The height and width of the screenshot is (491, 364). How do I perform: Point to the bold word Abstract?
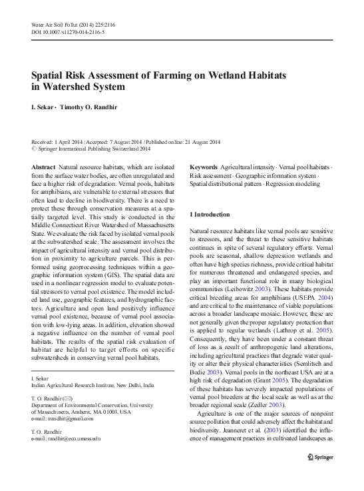43,167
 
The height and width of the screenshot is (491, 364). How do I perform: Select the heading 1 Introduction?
211,215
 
